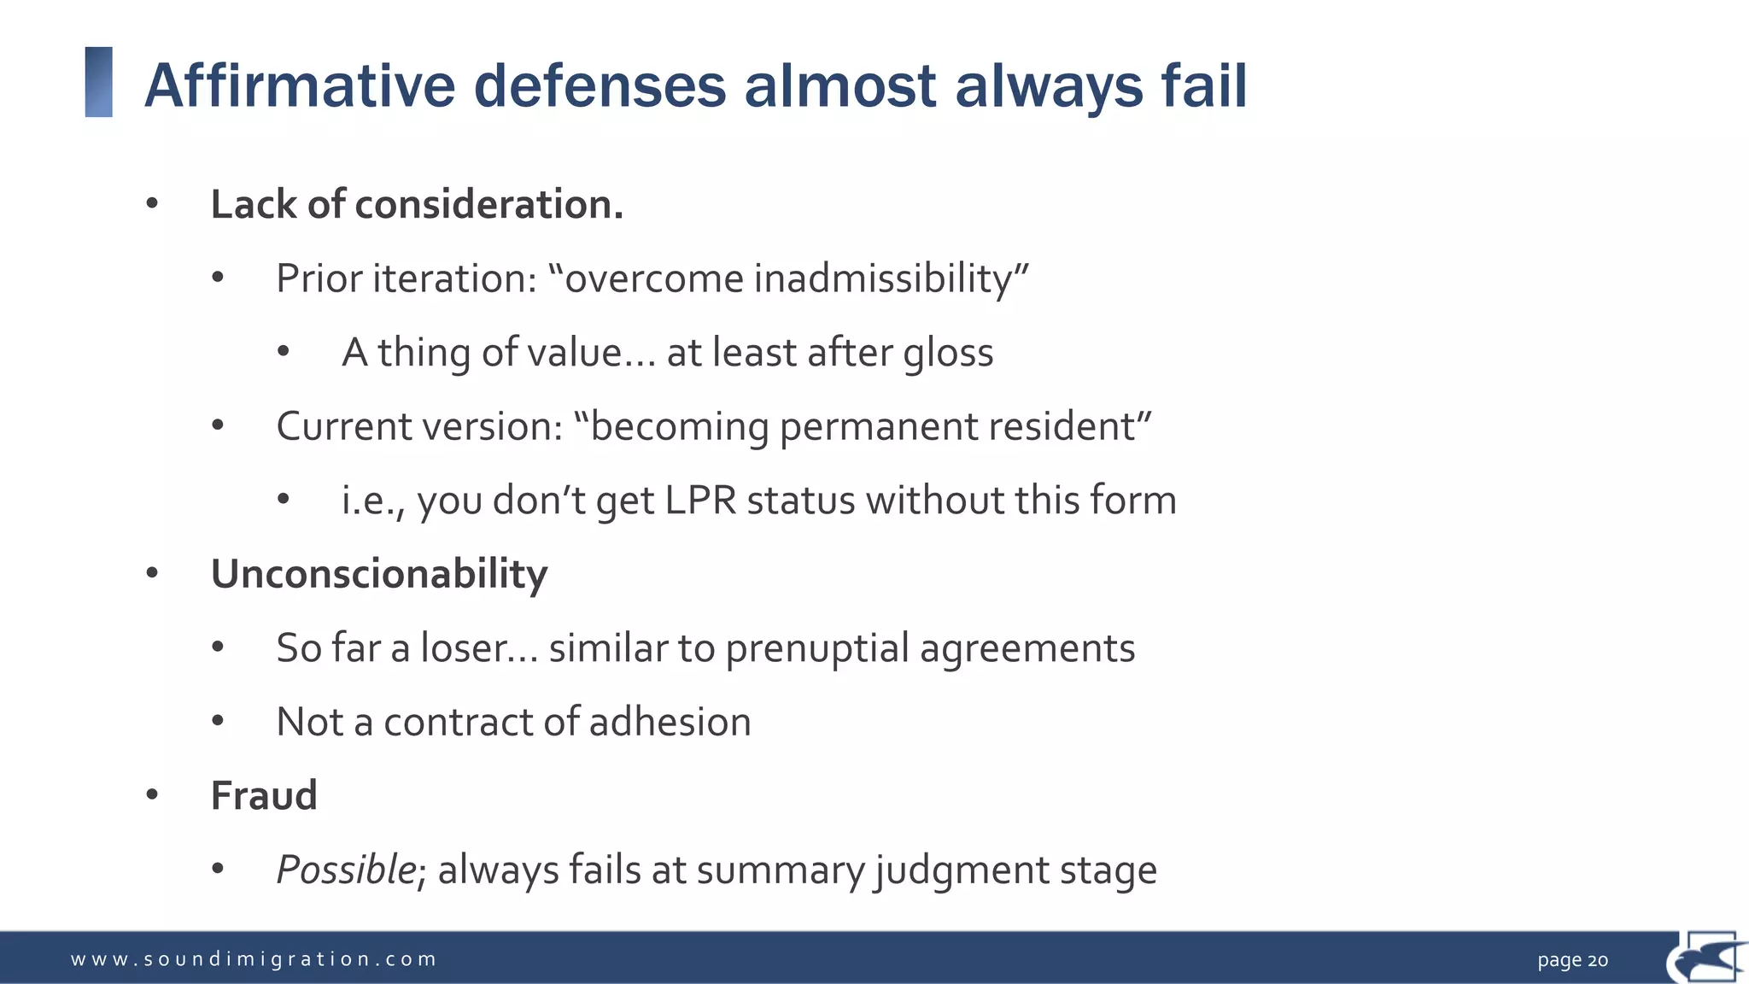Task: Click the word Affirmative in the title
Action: point(300,86)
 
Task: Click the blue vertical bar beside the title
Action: point(99,82)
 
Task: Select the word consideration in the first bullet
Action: point(488,205)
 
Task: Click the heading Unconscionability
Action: point(379,575)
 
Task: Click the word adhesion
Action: point(670,723)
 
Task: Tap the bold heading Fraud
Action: point(264,796)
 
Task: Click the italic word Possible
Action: point(346,871)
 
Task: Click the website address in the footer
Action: point(254,959)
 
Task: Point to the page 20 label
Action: point(1572,960)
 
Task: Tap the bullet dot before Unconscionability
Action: point(152,573)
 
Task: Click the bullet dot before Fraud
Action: point(152,795)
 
